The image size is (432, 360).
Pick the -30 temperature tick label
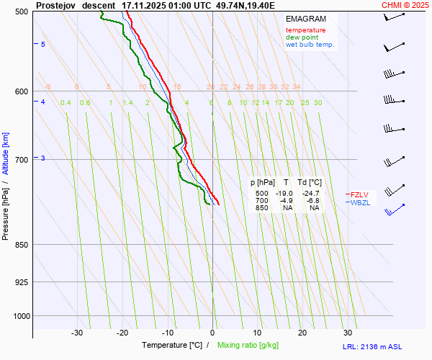point(77,333)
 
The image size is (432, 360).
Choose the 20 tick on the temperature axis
point(302,333)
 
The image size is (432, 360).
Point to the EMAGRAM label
point(305,19)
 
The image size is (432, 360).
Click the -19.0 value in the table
point(285,194)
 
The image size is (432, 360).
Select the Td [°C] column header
point(311,182)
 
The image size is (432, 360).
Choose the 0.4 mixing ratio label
point(66,103)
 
